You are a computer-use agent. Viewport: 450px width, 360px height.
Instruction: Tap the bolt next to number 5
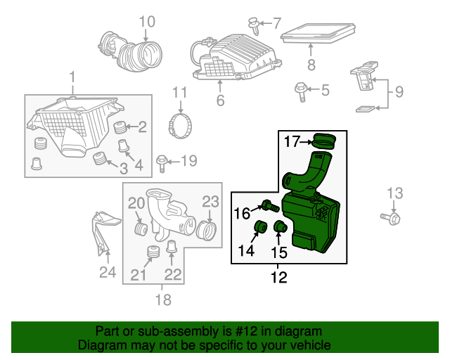(x=300, y=90)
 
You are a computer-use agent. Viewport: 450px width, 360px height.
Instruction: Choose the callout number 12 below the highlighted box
(x=279, y=277)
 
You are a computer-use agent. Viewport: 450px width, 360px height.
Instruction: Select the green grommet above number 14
(x=258, y=229)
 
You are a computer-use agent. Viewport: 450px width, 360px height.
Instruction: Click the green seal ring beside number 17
(x=324, y=141)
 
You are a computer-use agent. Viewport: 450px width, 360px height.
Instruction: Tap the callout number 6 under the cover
(x=220, y=101)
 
